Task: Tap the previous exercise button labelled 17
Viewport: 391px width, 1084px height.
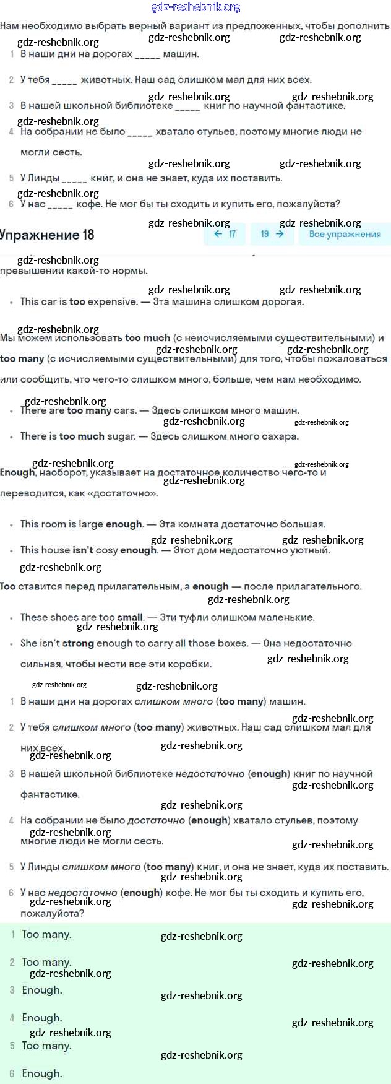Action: pyautogui.click(x=225, y=234)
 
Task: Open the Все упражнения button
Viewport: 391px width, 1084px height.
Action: pyautogui.click(x=345, y=234)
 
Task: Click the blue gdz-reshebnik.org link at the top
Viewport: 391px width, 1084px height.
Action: pyautogui.click(x=195, y=7)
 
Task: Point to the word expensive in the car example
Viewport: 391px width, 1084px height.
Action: pyautogui.click(x=112, y=302)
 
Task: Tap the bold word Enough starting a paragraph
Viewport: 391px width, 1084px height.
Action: pyautogui.click(x=18, y=472)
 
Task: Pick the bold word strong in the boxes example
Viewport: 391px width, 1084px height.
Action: pyautogui.click(x=78, y=644)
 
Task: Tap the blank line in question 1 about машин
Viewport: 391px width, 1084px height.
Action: pyautogui.click(x=147, y=54)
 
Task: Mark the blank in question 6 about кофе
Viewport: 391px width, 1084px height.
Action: pyautogui.click(x=60, y=204)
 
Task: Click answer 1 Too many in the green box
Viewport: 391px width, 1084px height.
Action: pyautogui.click(x=46, y=935)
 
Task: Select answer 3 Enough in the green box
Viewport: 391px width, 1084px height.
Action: pyautogui.click(x=42, y=991)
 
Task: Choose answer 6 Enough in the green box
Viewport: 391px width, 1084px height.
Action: pyautogui.click(x=42, y=1074)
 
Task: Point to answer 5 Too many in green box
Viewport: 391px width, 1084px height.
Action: pyautogui.click(x=46, y=1046)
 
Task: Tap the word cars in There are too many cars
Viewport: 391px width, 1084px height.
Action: pyautogui.click(x=126, y=410)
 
